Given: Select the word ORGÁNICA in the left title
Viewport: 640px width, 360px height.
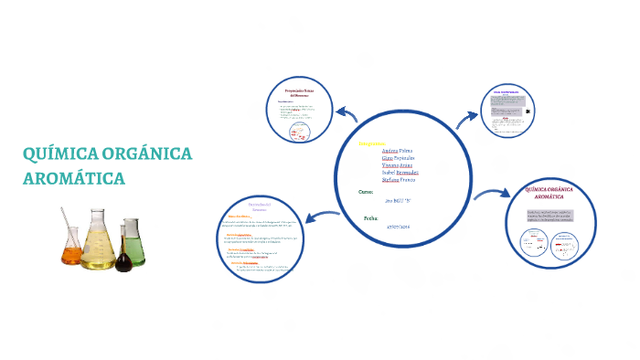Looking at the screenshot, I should (148, 154).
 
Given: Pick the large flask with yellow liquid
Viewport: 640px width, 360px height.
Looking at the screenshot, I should (98, 245).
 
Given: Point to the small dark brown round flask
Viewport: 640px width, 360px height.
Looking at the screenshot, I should (123, 260).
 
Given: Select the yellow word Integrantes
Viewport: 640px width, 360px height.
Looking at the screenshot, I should (372, 145).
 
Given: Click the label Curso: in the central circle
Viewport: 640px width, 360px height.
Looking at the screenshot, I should (366, 192).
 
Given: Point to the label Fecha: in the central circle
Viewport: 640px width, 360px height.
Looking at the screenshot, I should (371, 218).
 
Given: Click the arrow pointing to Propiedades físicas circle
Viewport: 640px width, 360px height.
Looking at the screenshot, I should (346, 113).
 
